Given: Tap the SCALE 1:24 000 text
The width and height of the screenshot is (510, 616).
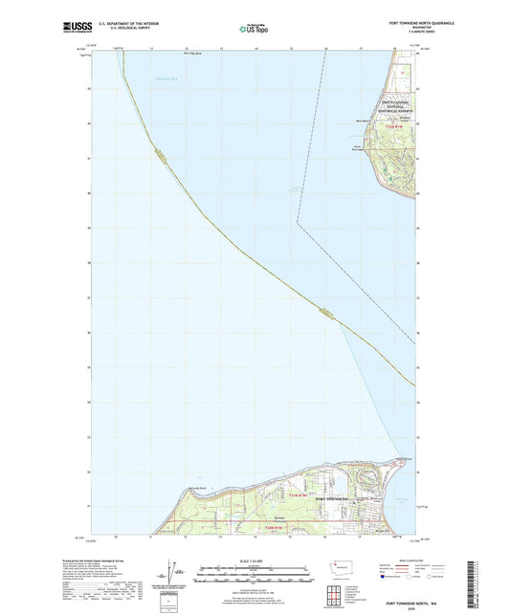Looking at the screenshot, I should [255, 561].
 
